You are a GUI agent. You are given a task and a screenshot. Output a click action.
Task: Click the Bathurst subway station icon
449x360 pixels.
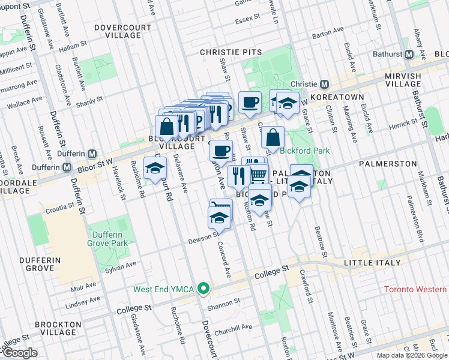(x=409, y=55)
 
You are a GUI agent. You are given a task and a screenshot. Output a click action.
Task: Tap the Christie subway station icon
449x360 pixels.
(x=324, y=84)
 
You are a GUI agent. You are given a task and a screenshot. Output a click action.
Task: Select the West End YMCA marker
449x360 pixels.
(x=204, y=289)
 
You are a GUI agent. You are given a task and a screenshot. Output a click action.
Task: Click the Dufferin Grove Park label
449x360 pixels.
(x=109, y=239)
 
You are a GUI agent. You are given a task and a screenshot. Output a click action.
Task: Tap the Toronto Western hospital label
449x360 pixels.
(x=415, y=289)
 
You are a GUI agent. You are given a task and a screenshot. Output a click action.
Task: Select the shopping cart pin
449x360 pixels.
(x=258, y=173)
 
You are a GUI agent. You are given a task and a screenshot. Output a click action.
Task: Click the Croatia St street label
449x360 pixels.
(x=58, y=205)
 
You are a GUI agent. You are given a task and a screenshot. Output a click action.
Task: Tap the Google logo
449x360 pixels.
(x=20, y=353)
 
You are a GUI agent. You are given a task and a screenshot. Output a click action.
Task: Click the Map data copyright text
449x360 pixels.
(x=412, y=355)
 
